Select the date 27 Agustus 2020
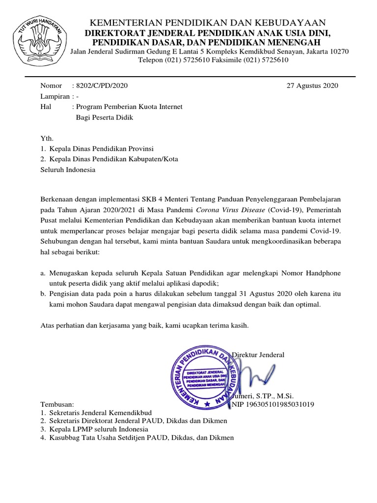312,85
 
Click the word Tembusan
56,404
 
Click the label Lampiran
54,97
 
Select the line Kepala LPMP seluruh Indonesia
97,429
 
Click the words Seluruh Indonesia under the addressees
68,170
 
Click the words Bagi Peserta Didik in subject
105,117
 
